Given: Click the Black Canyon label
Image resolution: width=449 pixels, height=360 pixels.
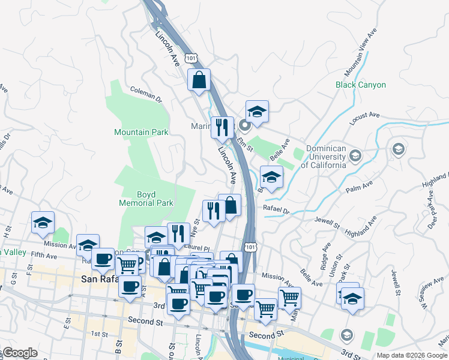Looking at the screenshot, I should pyautogui.click(x=360, y=85).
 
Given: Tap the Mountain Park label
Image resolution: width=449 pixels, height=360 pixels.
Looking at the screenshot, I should pyautogui.click(x=141, y=132).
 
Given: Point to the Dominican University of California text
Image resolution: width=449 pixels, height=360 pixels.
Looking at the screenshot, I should pyautogui.click(x=326, y=157).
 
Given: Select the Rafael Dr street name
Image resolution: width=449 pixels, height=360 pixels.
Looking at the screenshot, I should pyautogui.click(x=276, y=211).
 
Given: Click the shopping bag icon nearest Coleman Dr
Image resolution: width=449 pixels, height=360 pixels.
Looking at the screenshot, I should pyautogui.click(x=199, y=80).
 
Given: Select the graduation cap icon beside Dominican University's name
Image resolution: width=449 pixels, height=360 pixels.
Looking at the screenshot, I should pyautogui.click(x=355, y=157).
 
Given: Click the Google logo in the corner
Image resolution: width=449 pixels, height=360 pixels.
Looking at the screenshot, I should pyautogui.click(x=20, y=353).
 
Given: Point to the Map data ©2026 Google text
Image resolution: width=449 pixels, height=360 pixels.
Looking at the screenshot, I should pyautogui.click(x=411, y=355).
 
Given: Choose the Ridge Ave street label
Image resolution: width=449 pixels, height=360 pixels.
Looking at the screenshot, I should pyautogui.click(x=325, y=256).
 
